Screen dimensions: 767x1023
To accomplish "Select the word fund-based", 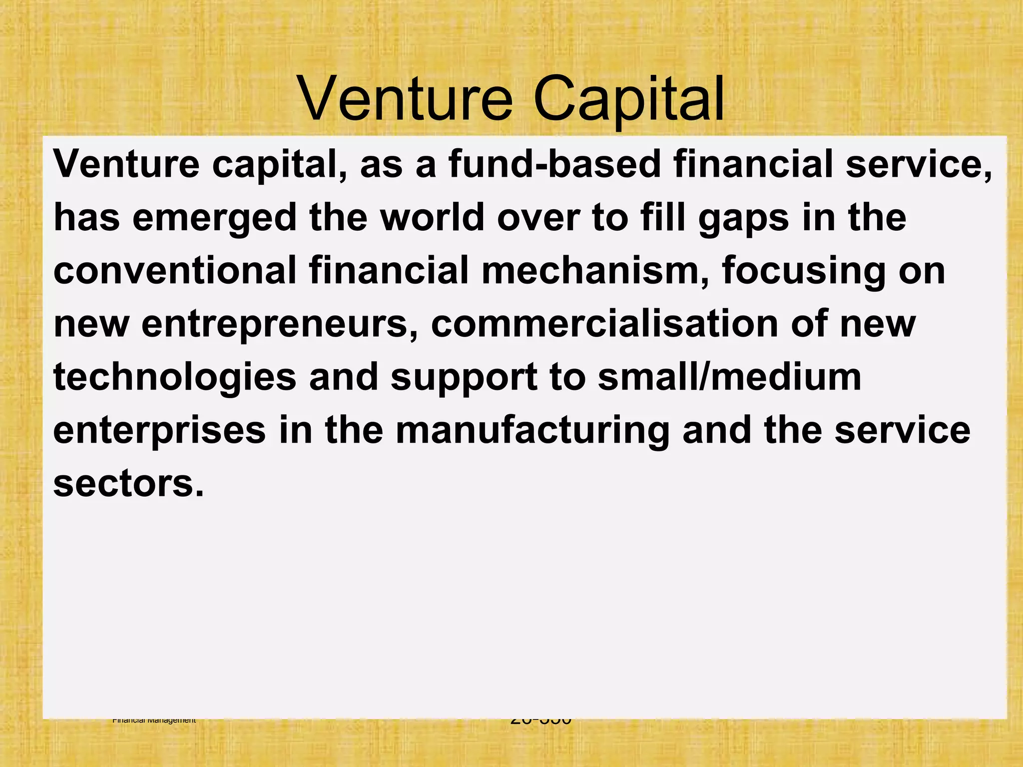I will (x=555, y=164).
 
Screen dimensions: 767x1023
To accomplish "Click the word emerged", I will (x=215, y=219).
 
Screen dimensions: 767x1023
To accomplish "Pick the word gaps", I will (x=744, y=219).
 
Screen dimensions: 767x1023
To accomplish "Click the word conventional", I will (x=175, y=271).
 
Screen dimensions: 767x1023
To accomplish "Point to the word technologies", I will (x=175, y=378).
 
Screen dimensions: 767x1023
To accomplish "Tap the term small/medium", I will (x=729, y=377).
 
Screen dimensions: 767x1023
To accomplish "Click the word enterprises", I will (x=159, y=431).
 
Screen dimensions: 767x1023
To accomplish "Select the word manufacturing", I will (x=532, y=431).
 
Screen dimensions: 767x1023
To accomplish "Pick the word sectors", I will (x=128, y=484).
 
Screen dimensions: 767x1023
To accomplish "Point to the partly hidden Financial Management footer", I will (x=154, y=721).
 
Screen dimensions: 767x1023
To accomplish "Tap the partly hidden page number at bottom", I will (x=541, y=721).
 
